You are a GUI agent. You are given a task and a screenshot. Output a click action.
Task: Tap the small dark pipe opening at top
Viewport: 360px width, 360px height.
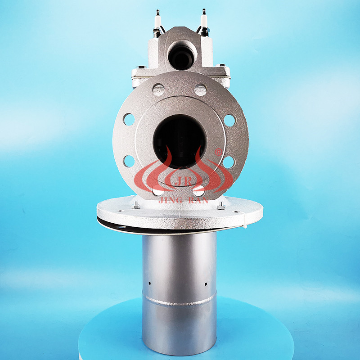coord(182,57)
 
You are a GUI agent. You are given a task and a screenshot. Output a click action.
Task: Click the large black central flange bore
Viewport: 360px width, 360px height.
coord(180,142)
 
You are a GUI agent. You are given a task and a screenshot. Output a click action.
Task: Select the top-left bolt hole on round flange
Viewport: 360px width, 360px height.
coord(158,90)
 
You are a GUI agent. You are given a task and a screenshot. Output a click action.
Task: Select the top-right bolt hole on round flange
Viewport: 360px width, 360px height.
coord(201,90)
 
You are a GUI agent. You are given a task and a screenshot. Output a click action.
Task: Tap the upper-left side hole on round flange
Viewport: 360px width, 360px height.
coord(129,120)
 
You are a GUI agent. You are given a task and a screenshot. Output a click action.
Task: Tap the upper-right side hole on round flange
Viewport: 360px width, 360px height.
coord(229,120)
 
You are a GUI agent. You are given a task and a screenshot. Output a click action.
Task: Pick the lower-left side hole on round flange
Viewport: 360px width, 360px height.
coord(129,161)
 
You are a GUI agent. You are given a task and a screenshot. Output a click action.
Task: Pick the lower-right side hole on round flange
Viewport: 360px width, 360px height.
coord(229,162)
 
